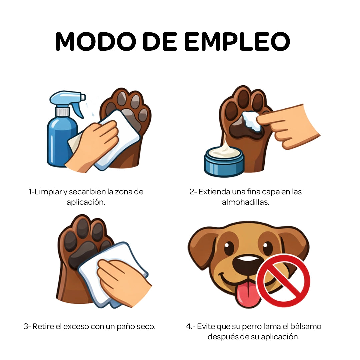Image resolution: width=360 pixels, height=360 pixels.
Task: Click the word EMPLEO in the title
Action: coord(237,41)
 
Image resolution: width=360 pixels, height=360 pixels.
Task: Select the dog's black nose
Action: coord(248,264)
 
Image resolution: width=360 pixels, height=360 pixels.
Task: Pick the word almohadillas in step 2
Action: coord(245,202)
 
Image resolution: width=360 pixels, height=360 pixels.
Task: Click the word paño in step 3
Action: coord(127,326)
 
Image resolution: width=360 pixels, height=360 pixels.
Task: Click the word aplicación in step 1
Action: coord(86,202)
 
